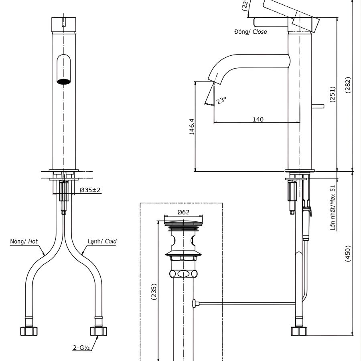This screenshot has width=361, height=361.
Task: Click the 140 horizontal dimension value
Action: tap(258, 119)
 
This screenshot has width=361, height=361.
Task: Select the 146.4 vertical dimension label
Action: tap(192, 126)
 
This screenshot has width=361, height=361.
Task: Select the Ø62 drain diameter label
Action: tap(183, 212)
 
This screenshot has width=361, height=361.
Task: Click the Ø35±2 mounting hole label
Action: tap(90, 190)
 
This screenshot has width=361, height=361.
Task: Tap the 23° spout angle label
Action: tap(221, 100)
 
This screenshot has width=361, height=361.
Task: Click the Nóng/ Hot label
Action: tap(24, 241)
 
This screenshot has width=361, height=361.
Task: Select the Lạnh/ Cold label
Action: tap(102, 241)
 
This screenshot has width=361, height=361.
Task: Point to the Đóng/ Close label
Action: tap(250, 32)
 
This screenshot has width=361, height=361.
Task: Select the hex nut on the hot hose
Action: tap(29, 331)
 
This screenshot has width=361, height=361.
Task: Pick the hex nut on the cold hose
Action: tap(98, 331)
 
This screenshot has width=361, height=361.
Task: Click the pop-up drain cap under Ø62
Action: tap(183, 224)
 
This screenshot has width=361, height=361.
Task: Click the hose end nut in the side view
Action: tap(299, 331)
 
